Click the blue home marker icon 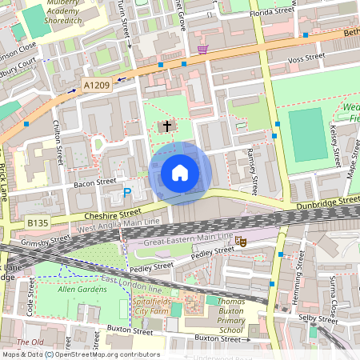pos(180,173)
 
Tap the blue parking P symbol pos(127,192)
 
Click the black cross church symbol pos(167,126)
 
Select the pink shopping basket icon pos(203,50)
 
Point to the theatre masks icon pos(240,239)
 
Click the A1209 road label pos(96,83)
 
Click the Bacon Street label pos(95,182)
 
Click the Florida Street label pos(272,12)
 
